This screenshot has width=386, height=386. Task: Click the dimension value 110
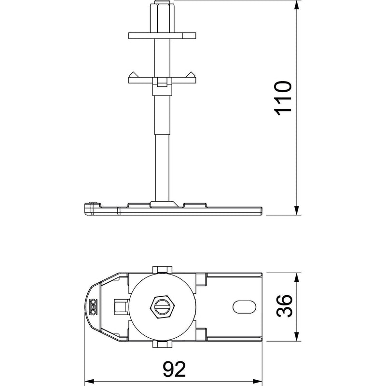(283, 98)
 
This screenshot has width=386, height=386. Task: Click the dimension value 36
(284, 306)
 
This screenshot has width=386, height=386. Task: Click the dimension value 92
(174, 369)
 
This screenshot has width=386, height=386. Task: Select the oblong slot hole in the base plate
(244, 307)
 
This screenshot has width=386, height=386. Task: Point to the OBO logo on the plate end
(93, 307)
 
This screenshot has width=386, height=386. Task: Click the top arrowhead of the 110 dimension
(297, 5)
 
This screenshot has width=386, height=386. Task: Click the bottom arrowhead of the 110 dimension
(297, 210)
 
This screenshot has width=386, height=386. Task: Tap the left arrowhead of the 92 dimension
(90, 381)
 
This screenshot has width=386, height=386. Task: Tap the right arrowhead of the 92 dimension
(257, 381)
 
